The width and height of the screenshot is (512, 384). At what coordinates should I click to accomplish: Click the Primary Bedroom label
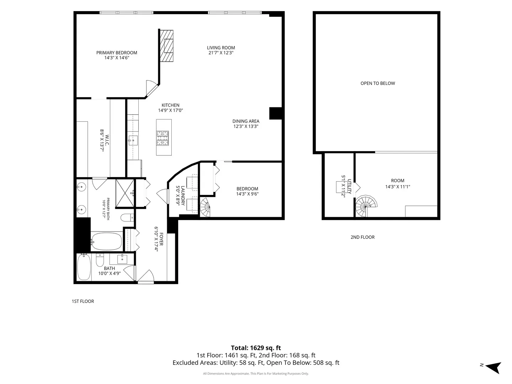pyautogui.click(x=117, y=53)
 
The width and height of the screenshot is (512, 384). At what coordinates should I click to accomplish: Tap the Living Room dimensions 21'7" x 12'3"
pyautogui.click(x=221, y=53)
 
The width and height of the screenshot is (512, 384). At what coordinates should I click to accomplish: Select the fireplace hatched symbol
pyautogui.click(x=166, y=46)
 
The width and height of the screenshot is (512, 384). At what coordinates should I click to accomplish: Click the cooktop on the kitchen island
pyautogui.click(x=162, y=138)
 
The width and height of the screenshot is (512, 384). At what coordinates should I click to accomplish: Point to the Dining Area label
pyautogui.click(x=246, y=121)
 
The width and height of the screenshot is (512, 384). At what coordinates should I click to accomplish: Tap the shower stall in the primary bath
pyautogui.click(x=125, y=193)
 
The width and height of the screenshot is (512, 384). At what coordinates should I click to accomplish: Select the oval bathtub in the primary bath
pyautogui.click(x=107, y=241)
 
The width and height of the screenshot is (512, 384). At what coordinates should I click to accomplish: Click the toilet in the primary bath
pyautogui.click(x=127, y=218)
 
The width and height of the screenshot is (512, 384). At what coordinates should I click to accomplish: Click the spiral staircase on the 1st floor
pyautogui.click(x=205, y=207)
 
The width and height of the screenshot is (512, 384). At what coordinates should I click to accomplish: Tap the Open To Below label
pyautogui.click(x=378, y=83)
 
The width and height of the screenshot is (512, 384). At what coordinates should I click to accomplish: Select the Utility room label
pyautogui.click(x=349, y=186)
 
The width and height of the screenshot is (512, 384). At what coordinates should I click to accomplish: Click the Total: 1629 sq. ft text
pyautogui.click(x=256, y=348)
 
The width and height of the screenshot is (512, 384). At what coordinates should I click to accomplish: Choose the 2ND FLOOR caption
pyautogui.click(x=362, y=237)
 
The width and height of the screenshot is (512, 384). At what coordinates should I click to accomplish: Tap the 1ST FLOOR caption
pyautogui.click(x=83, y=301)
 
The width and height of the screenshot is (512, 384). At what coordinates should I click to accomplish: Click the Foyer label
pyautogui.click(x=161, y=239)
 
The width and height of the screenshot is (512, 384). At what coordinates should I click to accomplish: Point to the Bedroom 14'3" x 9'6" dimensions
pyautogui.click(x=247, y=194)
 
